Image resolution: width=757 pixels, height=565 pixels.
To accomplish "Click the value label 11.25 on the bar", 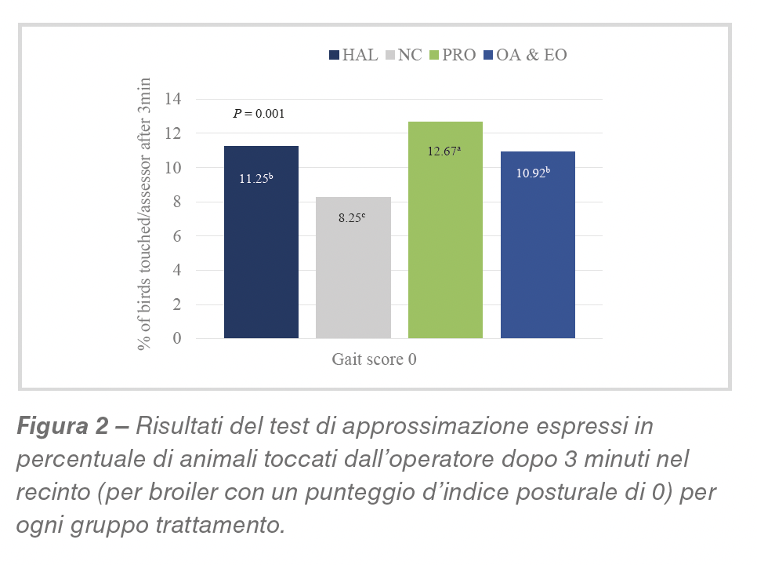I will coord(256,178).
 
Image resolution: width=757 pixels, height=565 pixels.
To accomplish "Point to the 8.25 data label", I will coord(352,218).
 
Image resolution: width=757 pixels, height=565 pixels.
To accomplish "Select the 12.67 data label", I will coord(444,151).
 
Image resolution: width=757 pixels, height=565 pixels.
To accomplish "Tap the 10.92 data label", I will coord(533,173).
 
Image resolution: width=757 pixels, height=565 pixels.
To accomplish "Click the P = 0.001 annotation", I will coord(259,114).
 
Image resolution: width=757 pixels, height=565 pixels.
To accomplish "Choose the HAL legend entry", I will coord(353,55).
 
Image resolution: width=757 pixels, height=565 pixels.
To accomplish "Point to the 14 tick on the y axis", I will coord(172,100).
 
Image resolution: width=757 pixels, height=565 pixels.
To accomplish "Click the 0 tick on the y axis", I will coord(177,339).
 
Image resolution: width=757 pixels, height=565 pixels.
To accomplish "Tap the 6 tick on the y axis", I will coord(177,236).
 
